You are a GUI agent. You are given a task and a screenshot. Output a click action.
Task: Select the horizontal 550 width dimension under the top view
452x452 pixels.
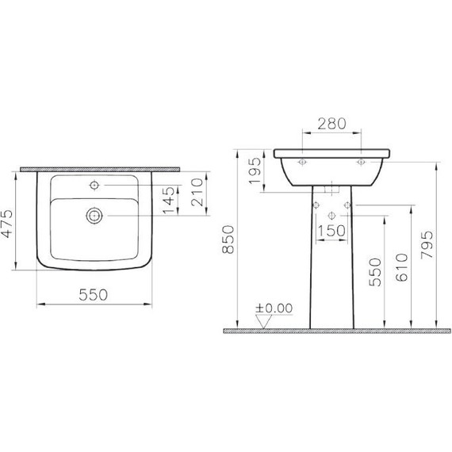pos(94,293)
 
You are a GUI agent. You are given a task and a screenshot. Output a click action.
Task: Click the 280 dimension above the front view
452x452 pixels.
pos(331,124)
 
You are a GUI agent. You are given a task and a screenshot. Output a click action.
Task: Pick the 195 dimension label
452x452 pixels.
pos(255,170)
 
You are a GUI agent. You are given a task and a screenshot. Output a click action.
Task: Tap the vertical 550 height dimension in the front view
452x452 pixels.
pos(377,271)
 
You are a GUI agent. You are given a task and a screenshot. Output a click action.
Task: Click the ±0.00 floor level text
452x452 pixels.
pos(273,308)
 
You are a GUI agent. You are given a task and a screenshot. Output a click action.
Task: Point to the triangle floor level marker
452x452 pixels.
pos(265,320)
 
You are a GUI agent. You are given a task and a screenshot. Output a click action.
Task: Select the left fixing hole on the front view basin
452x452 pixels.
pos(302,162)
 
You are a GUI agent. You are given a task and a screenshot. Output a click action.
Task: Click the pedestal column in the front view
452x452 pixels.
pos(331,278)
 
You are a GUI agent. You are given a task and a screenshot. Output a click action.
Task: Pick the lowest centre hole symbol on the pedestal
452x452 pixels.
pos(331,215)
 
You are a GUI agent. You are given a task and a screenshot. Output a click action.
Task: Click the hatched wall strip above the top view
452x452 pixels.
pos(99,169)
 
